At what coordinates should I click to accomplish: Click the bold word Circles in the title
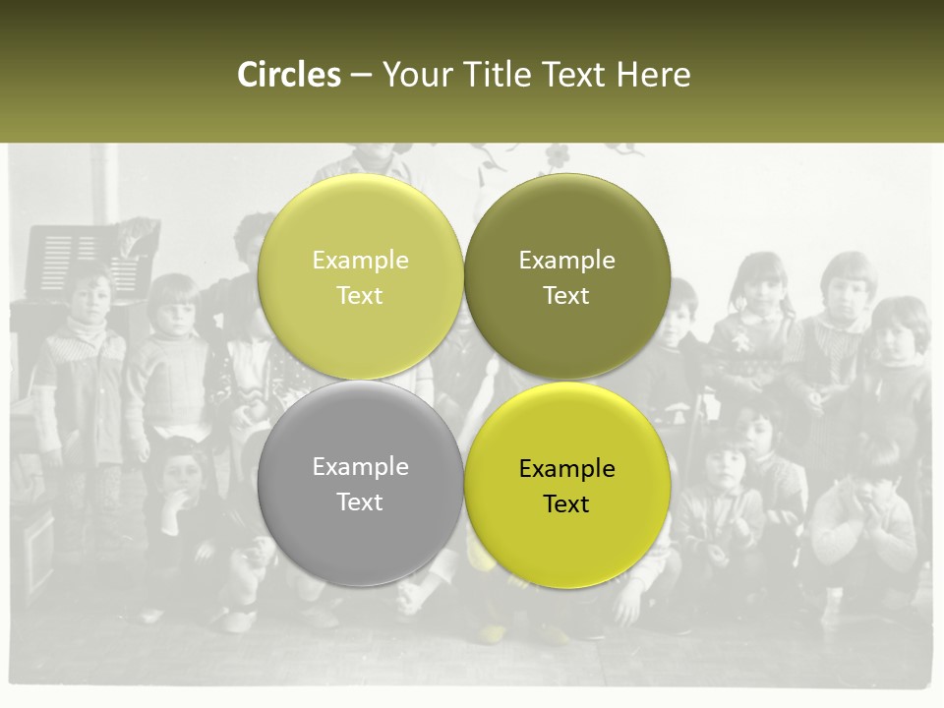click(288, 75)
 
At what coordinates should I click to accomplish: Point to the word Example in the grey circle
click(360, 467)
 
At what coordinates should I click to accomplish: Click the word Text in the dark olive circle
click(566, 296)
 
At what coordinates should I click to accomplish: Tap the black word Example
click(566, 469)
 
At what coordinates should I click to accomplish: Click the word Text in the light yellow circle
click(360, 296)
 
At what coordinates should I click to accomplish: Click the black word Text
click(566, 504)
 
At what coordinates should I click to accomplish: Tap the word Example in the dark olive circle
click(566, 261)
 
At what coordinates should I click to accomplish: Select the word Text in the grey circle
click(360, 502)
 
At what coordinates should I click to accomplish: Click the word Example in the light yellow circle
click(360, 261)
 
